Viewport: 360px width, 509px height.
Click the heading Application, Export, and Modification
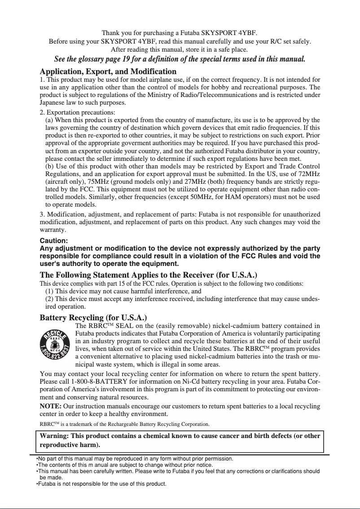tap(108, 71)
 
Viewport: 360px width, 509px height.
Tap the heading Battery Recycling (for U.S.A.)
tap(93, 318)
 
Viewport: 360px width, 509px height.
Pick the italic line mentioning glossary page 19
tap(180, 59)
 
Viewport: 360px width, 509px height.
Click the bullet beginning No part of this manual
tap(135, 459)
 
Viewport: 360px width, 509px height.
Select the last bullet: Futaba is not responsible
tap(101, 484)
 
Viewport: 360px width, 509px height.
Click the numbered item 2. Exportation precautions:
tap(77, 112)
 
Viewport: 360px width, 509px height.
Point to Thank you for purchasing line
tap(180, 33)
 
